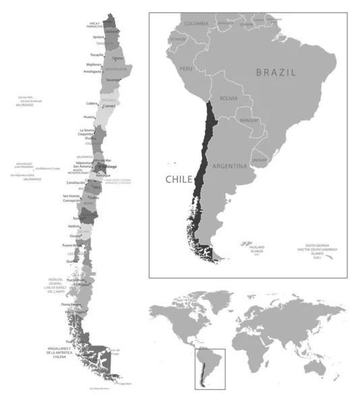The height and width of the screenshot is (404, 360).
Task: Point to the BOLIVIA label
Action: [x=228, y=98]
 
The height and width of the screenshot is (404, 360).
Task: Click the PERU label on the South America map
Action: [x=185, y=69]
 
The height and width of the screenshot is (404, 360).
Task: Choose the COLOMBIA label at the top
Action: [x=196, y=24]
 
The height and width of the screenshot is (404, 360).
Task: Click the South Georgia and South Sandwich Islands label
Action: [x=320, y=249]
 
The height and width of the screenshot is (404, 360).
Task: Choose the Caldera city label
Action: [x=92, y=103]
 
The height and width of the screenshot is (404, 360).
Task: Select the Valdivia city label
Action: [x=76, y=226]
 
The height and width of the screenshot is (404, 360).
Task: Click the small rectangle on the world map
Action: [x=210, y=368]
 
